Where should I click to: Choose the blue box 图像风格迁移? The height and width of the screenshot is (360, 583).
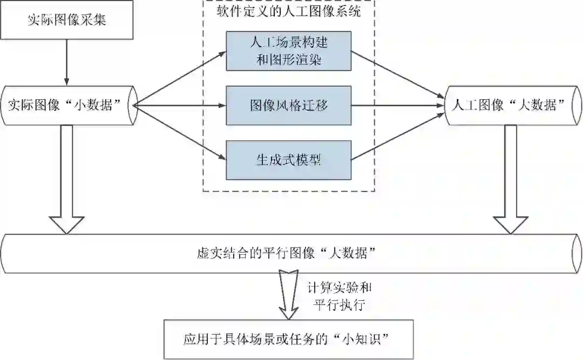289,105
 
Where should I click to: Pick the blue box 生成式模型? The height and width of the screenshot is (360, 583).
289,160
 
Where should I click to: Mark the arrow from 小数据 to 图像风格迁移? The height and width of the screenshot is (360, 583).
178,105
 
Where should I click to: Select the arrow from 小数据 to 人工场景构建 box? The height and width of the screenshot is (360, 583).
178,78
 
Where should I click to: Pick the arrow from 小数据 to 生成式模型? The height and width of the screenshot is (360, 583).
178,132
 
